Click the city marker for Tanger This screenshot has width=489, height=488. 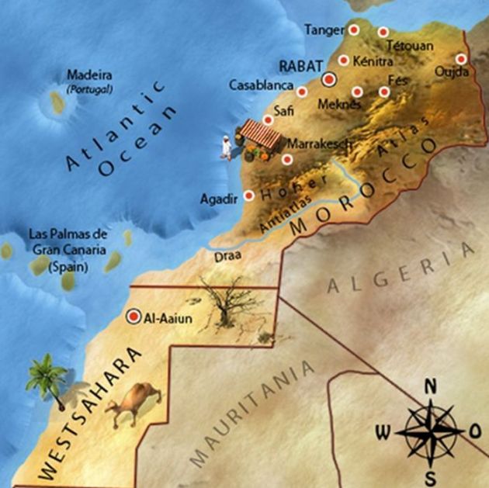[x=354, y=29]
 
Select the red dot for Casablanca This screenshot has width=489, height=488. [x=302, y=92]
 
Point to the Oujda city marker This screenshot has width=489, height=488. [x=461, y=58]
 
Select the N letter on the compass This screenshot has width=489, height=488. [x=432, y=386]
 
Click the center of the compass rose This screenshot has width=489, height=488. [x=432, y=429]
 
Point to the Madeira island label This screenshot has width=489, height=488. [x=89, y=75]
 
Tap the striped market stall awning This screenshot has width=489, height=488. [x=260, y=133]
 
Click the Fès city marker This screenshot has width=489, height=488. [x=384, y=92]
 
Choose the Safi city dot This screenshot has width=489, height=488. [x=268, y=119]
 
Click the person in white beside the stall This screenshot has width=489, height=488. [x=225, y=146]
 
